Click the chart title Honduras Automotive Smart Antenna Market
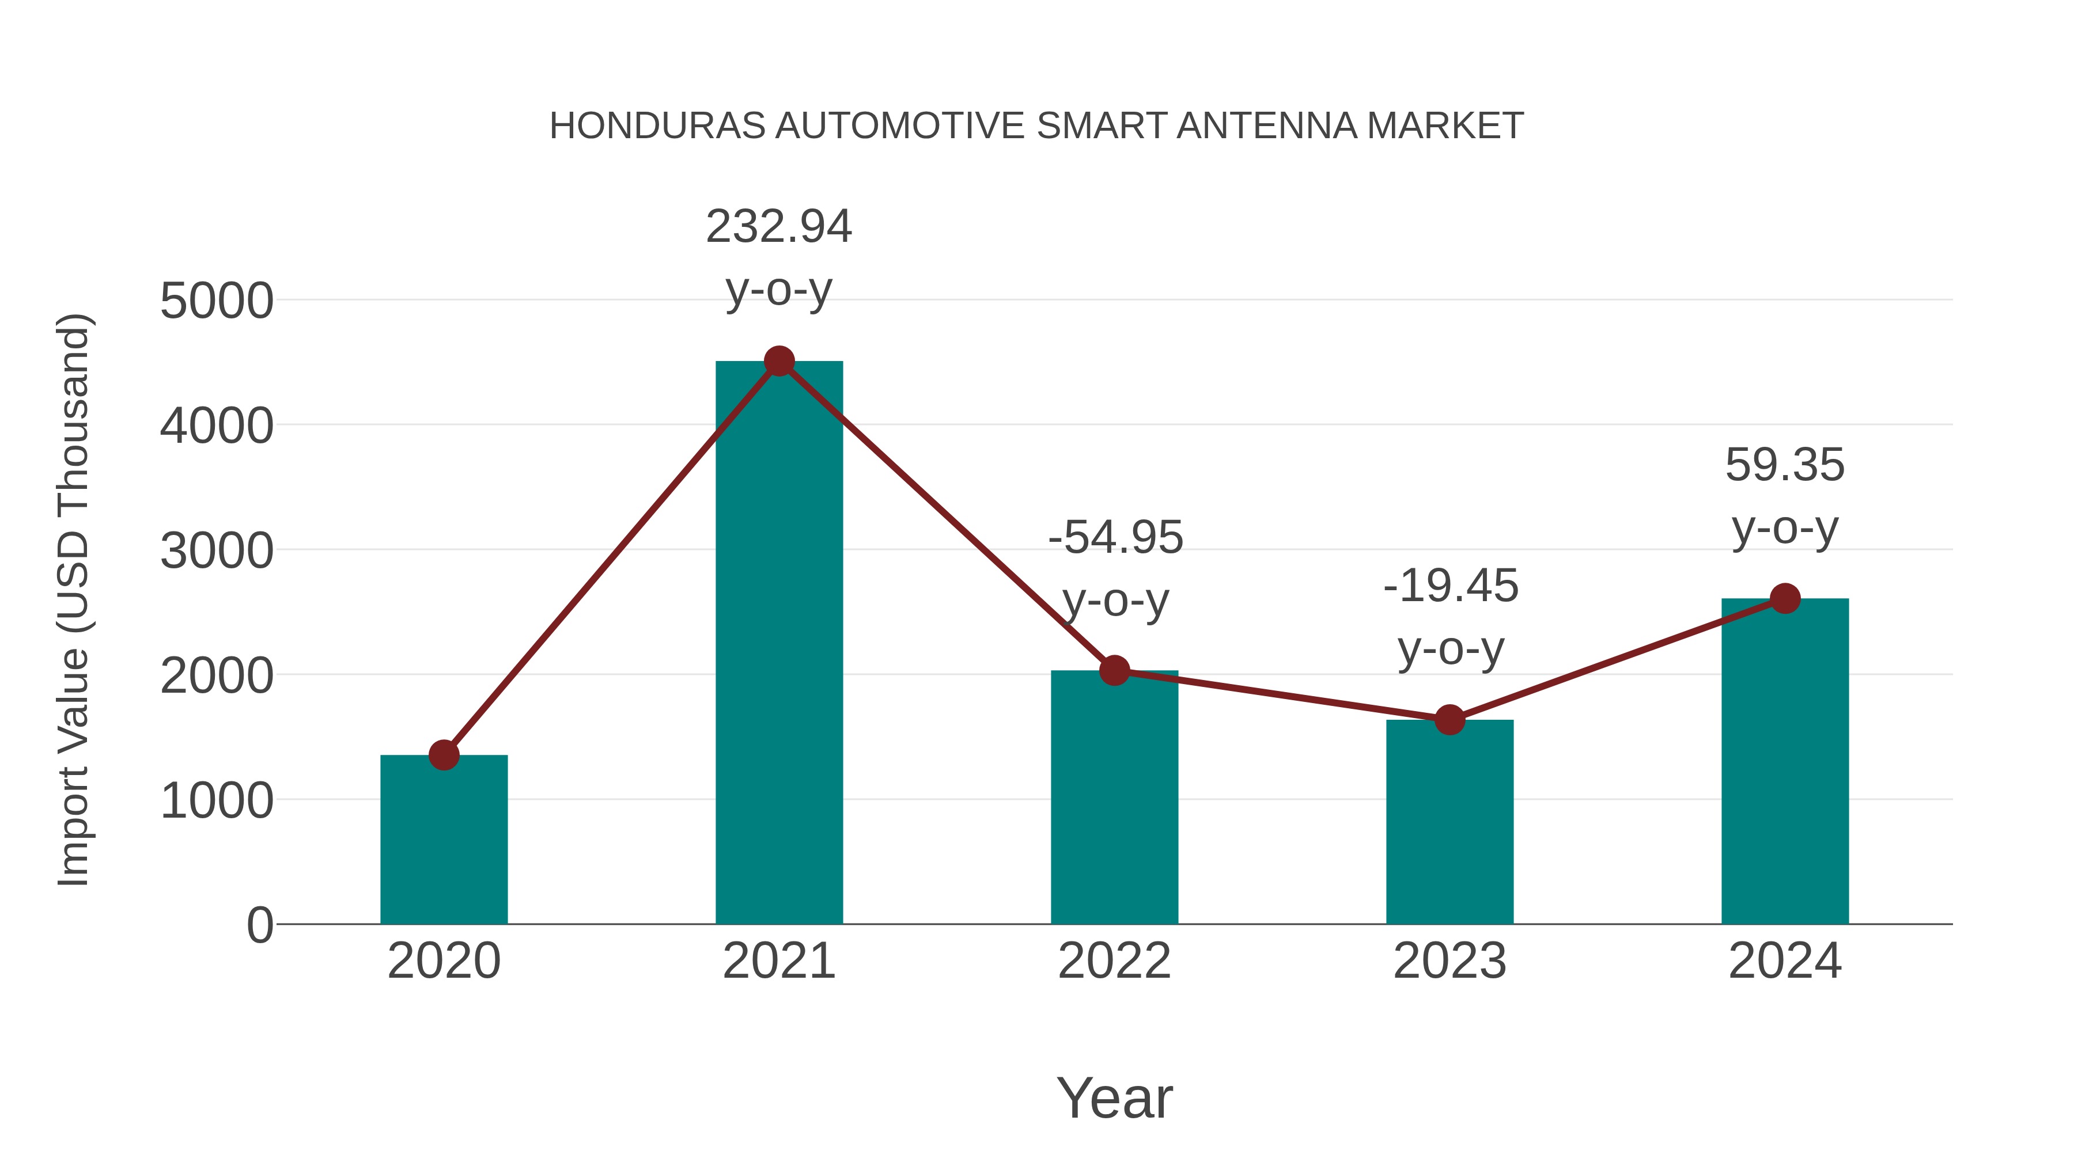1036,126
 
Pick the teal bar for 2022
1114,797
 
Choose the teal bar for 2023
1449,822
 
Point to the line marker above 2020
444,755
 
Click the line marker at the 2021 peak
778,361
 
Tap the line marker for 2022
1114,670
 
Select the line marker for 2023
1449,719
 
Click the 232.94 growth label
778,227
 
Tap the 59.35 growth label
1785,465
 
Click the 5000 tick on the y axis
217,302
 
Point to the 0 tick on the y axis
259,925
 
